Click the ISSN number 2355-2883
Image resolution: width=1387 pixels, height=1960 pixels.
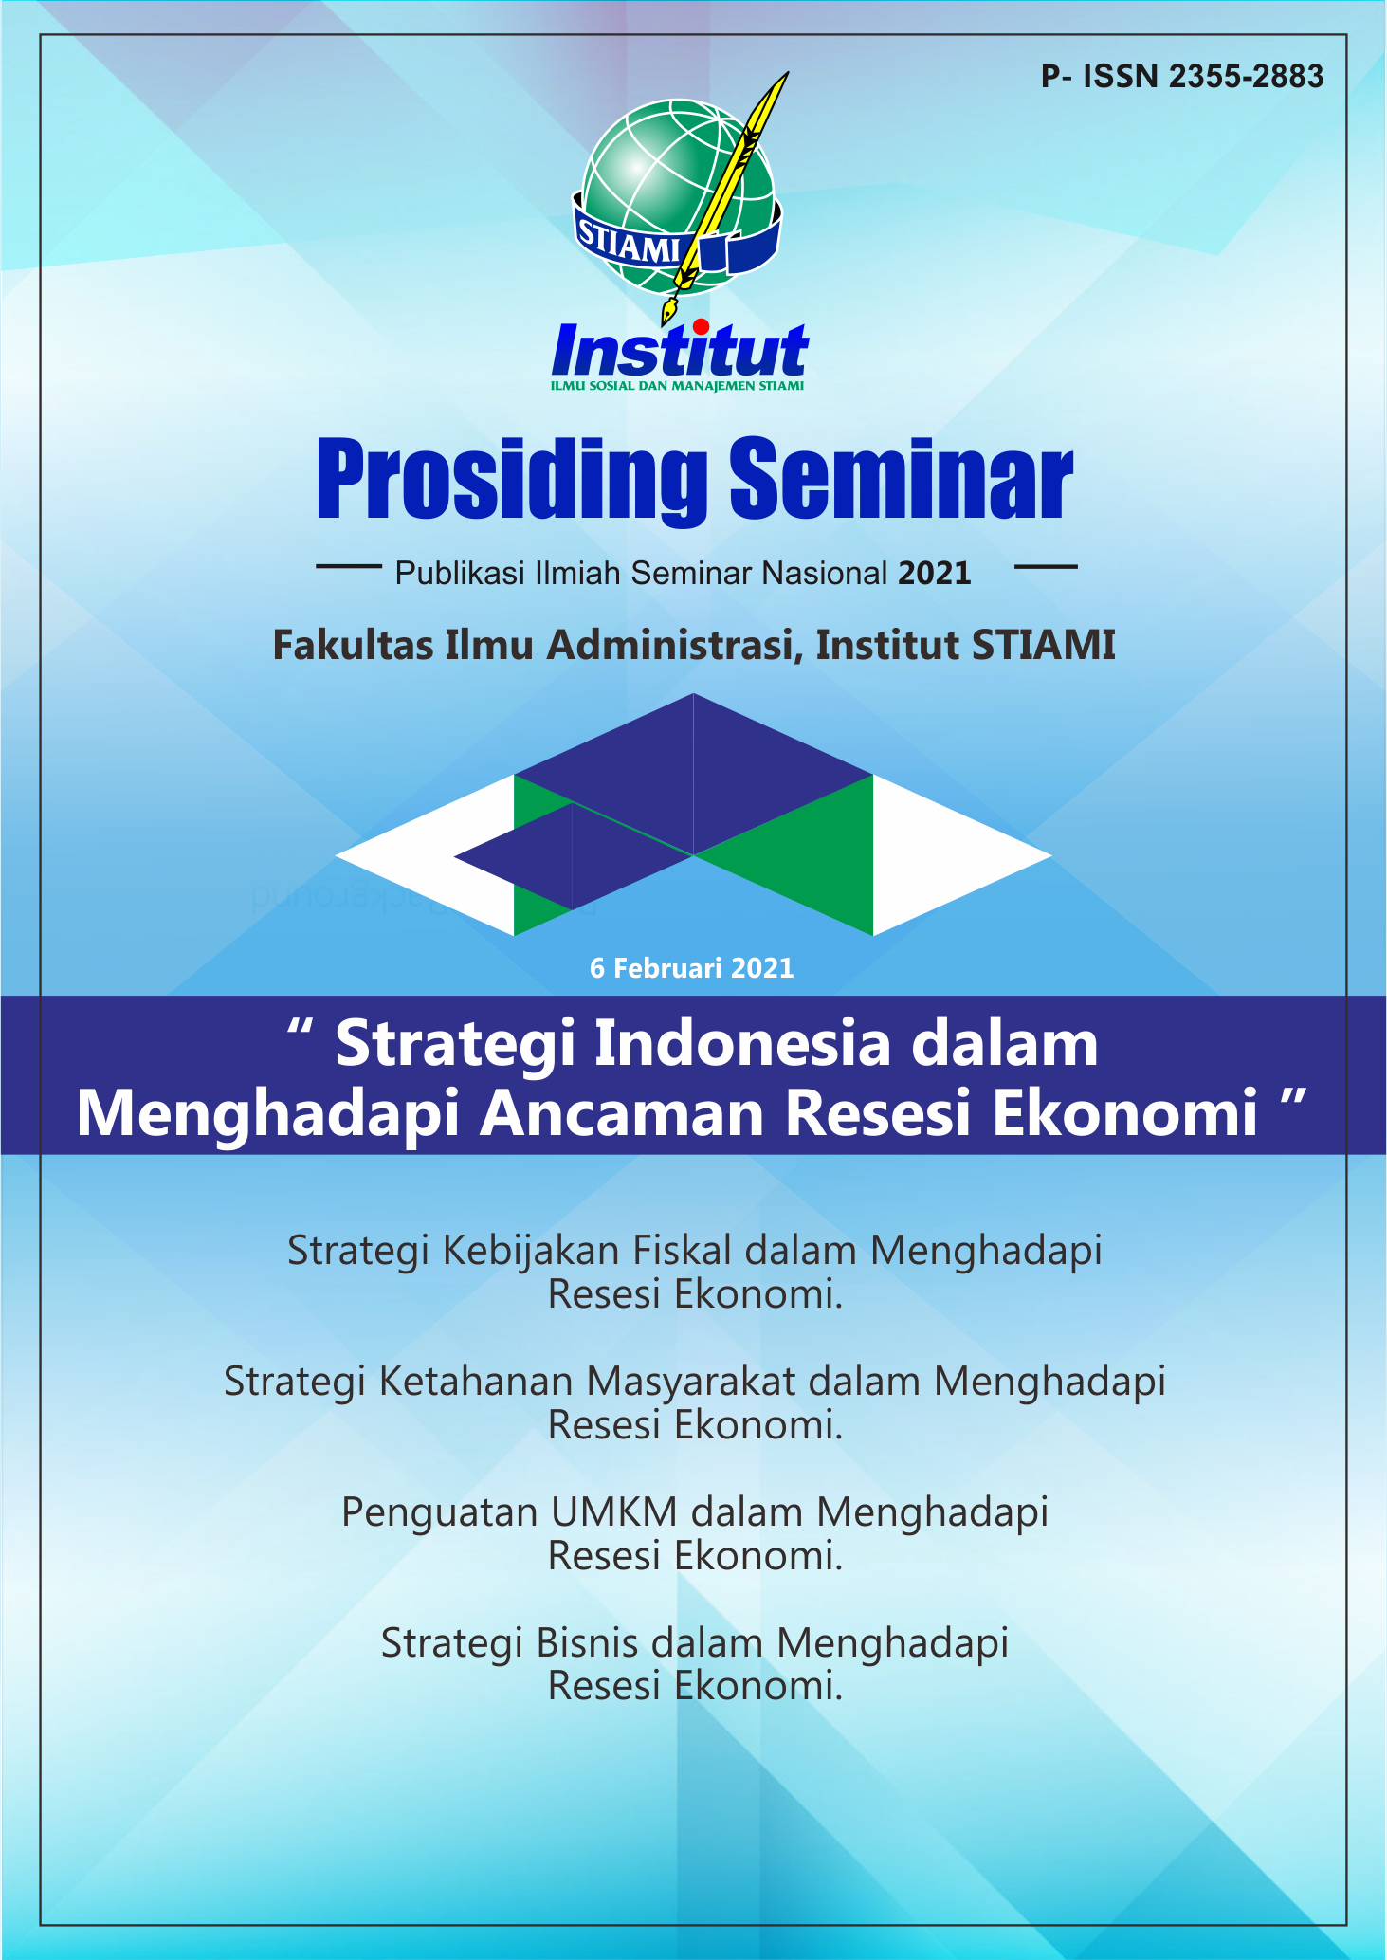pos(1246,77)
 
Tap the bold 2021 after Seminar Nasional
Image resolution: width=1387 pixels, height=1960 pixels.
pos(935,574)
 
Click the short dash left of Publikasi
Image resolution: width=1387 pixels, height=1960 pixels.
pos(348,567)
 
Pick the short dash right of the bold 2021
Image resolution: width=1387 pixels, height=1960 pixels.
pos(1046,567)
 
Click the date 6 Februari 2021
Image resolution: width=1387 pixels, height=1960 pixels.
pos(692,968)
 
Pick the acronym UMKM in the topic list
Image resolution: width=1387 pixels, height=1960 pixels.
pos(614,1512)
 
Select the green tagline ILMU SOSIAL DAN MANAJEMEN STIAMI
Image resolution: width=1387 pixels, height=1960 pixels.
pos(678,386)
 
